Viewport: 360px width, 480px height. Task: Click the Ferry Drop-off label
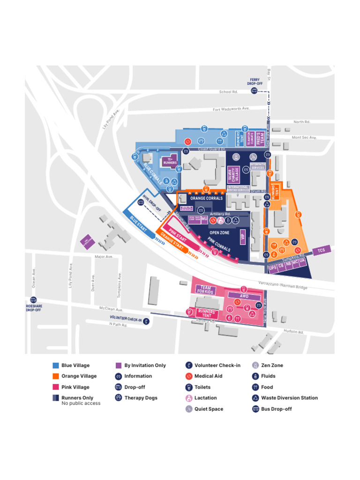[255, 82]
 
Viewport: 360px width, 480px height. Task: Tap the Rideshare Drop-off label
[33, 308]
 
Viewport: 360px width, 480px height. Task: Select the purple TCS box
[321, 250]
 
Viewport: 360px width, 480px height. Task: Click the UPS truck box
[272, 268]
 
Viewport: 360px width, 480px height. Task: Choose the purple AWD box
[244, 296]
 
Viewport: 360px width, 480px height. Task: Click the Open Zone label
[220, 232]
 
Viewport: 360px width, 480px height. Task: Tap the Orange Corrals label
[207, 198]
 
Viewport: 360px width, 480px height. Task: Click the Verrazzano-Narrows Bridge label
[283, 285]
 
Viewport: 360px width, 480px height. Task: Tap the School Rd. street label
[228, 92]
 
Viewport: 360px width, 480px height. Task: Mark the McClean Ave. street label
[111, 309]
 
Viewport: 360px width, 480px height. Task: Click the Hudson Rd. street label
[293, 332]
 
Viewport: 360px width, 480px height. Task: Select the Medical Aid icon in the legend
[188, 376]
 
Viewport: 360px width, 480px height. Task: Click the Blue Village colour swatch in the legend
[55, 365]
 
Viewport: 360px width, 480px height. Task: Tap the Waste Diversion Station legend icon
[255, 398]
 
